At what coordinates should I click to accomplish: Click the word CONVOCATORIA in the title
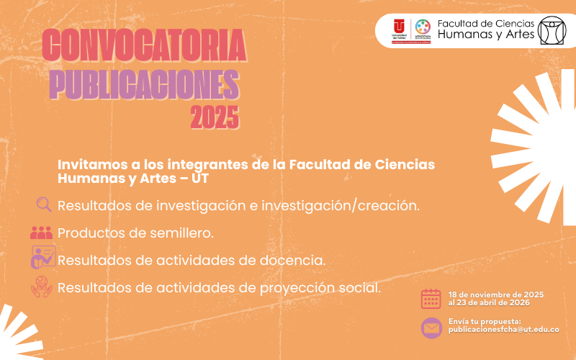pyautogui.click(x=144, y=46)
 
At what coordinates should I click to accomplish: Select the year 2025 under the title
pyautogui.click(x=214, y=117)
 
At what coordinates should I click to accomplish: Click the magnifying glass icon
pyautogui.click(x=43, y=205)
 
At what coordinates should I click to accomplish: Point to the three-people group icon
pyautogui.click(x=42, y=233)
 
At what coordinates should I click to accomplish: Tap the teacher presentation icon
pyautogui.click(x=42, y=258)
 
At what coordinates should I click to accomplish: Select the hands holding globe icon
pyautogui.click(x=42, y=287)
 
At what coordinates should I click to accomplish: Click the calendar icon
pyautogui.click(x=431, y=299)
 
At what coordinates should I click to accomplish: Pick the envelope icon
pyautogui.click(x=431, y=328)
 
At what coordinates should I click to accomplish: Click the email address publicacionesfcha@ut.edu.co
pyautogui.click(x=503, y=329)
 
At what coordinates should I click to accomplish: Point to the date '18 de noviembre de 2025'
pyautogui.click(x=495, y=294)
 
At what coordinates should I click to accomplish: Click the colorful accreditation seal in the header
pyautogui.click(x=423, y=27)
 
